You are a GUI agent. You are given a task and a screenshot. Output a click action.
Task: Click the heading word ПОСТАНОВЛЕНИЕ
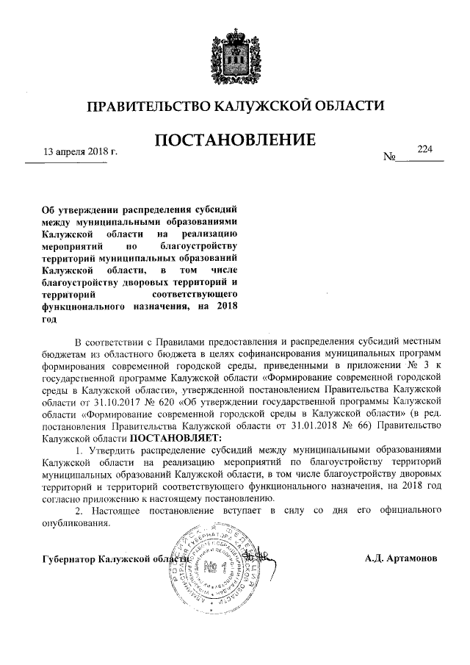click(235, 139)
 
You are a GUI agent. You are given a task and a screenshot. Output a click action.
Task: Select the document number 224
click(425, 148)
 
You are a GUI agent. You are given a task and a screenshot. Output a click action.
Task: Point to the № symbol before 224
click(389, 157)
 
